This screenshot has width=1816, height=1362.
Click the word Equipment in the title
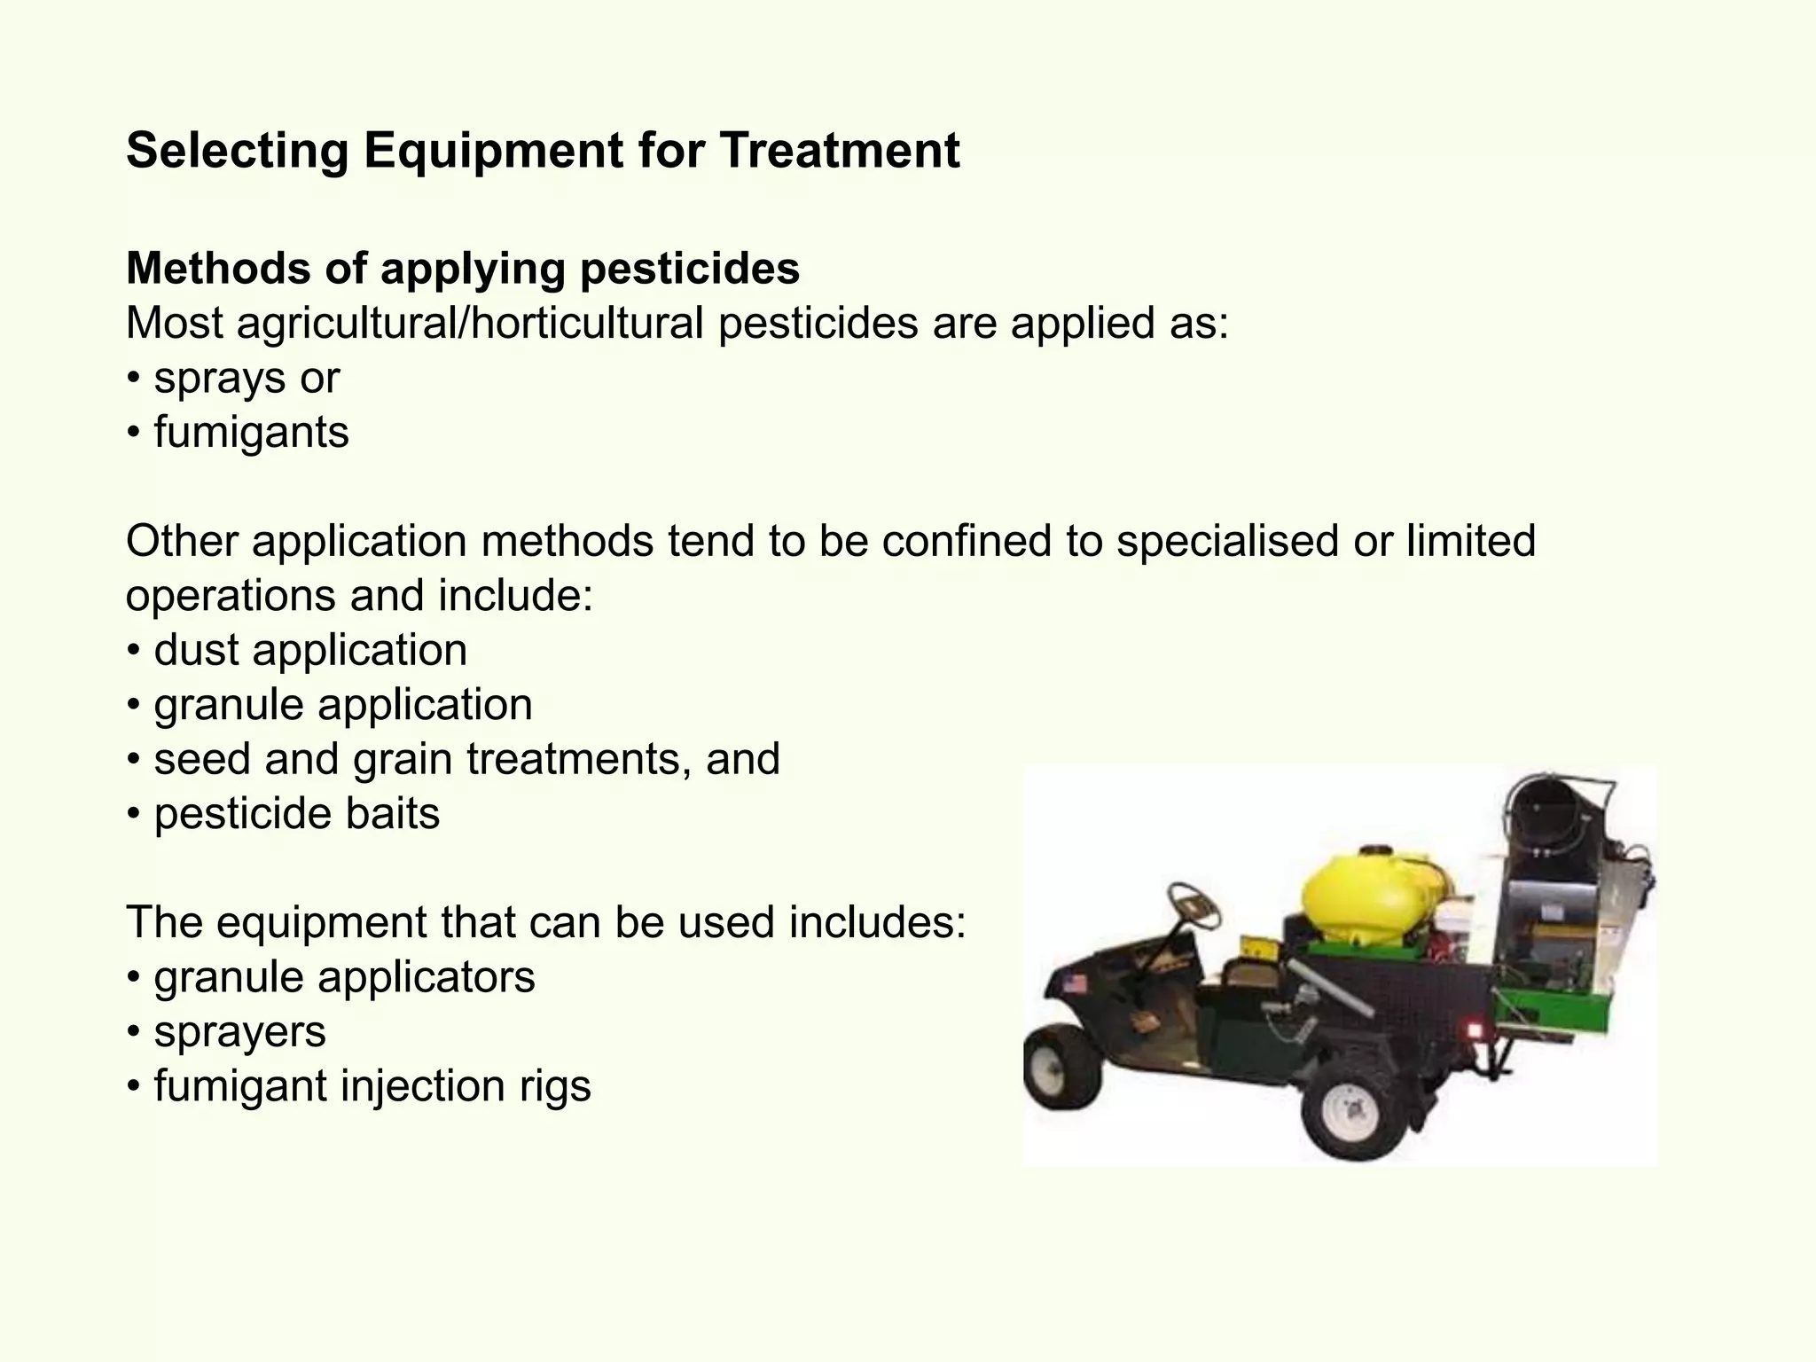(x=493, y=151)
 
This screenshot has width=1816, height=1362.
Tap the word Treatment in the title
(x=839, y=151)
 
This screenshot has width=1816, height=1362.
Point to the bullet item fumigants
(x=251, y=433)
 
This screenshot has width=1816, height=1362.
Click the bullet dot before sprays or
(x=133, y=380)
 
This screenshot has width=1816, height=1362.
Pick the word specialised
(x=1226, y=541)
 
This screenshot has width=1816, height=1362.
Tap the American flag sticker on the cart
(x=1076, y=983)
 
